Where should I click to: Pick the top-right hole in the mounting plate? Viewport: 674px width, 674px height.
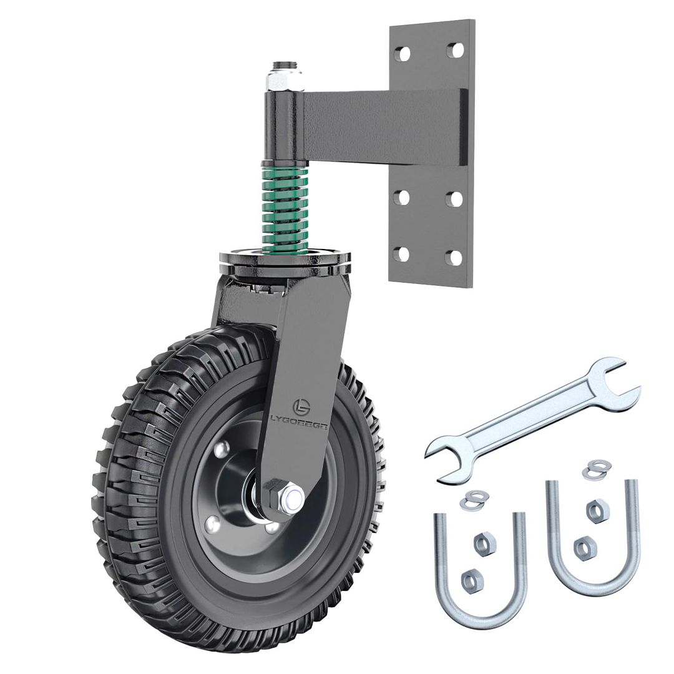(456, 50)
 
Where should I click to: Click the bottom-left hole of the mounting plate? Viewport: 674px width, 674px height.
(402, 254)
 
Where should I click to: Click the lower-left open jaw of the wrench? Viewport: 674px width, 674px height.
(449, 461)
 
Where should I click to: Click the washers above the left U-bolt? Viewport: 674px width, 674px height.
(474, 499)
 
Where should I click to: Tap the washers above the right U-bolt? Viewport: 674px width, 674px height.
(597, 469)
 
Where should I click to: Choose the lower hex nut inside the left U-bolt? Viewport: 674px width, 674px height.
(472, 581)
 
